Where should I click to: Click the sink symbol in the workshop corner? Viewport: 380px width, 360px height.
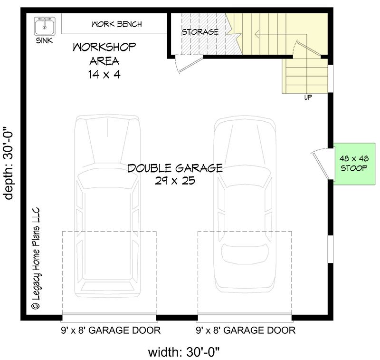[45, 26]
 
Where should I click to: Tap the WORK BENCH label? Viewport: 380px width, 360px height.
[116, 24]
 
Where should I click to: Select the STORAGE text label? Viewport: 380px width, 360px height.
[200, 32]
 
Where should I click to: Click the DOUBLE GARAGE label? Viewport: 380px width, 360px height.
[175, 168]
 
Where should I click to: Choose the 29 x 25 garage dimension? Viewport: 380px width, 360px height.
[175, 181]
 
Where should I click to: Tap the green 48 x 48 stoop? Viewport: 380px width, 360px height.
[354, 164]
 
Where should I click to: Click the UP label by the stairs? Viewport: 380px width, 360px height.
[308, 97]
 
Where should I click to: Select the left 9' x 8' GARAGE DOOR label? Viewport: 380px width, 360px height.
[111, 331]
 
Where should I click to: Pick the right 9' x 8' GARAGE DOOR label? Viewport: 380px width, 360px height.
[246, 331]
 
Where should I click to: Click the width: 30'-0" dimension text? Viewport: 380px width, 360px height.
[184, 352]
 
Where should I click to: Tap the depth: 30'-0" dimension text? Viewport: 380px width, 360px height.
[8, 163]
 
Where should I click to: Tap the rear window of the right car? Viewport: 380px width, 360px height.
[245, 254]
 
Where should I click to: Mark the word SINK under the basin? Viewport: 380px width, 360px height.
[44, 40]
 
